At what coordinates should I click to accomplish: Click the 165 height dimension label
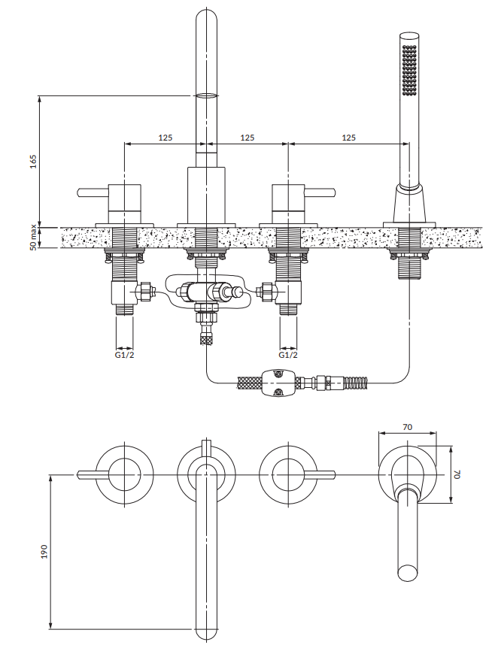[x=34, y=162]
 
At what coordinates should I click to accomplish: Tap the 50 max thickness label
[x=33, y=238]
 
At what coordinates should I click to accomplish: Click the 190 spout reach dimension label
[x=44, y=552]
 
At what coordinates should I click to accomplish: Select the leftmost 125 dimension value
[x=166, y=138]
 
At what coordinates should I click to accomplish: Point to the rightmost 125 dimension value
[x=348, y=138]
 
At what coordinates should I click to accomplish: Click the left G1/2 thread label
[x=124, y=355]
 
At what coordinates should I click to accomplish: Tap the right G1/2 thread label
[x=288, y=355]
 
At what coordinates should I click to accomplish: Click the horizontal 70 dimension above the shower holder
[x=407, y=427]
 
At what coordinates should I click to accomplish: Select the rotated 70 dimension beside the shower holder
[x=457, y=474]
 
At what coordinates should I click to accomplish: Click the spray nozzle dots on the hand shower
[x=410, y=70]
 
